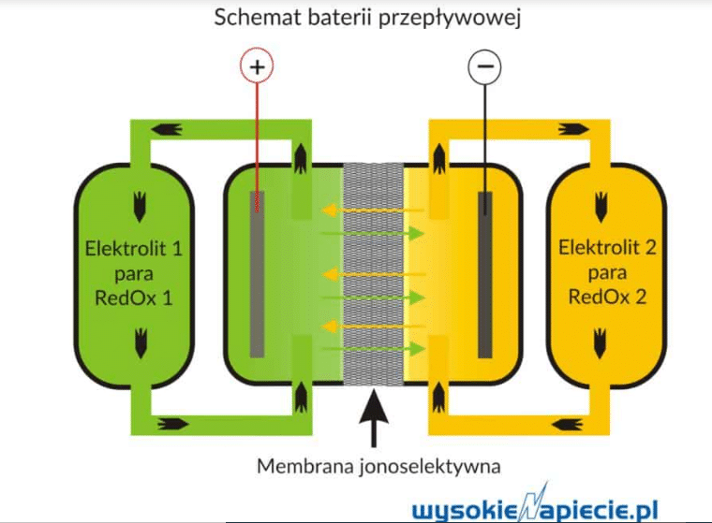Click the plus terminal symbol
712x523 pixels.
coord(257,66)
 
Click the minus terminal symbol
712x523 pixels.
coord(484,66)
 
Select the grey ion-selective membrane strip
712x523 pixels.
coord(372,271)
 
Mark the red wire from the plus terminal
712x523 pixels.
coord(257,140)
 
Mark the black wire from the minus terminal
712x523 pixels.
coord(484,140)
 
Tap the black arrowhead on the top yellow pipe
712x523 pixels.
coord(570,128)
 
